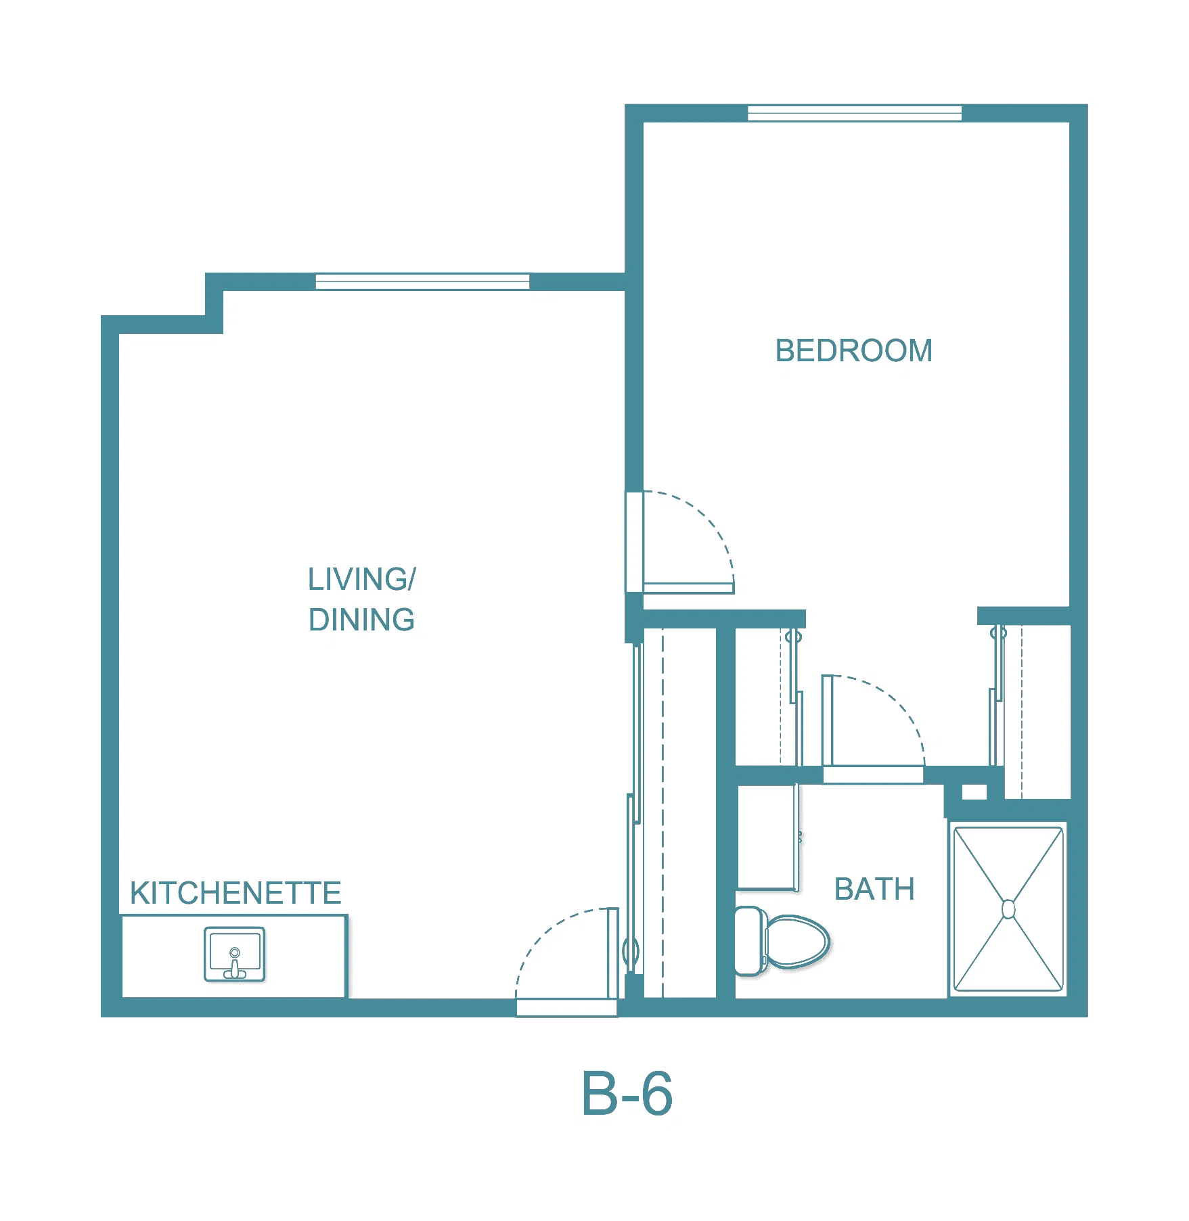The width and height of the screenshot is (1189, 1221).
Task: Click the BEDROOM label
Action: click(853, 350)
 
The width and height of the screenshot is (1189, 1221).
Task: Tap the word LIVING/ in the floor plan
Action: click(362, 579)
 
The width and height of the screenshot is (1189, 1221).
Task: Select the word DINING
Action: click(361, 620)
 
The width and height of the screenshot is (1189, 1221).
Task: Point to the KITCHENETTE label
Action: click(235, 893)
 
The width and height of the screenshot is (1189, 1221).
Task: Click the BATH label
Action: click(874, 889)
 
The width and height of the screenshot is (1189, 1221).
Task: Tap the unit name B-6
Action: click(627, 1094)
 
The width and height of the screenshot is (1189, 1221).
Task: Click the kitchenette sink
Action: click(234, 954)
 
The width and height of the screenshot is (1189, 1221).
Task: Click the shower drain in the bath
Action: click(1008, 909)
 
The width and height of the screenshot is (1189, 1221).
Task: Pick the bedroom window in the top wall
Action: click(854, 113)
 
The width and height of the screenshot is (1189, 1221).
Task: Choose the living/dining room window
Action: click(422, 281)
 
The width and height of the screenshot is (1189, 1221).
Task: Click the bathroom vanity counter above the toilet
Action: click(767, 837)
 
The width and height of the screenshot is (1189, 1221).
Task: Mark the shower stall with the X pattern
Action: click(1008, 909)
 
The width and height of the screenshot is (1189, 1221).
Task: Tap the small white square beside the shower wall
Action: click(974, 791)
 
